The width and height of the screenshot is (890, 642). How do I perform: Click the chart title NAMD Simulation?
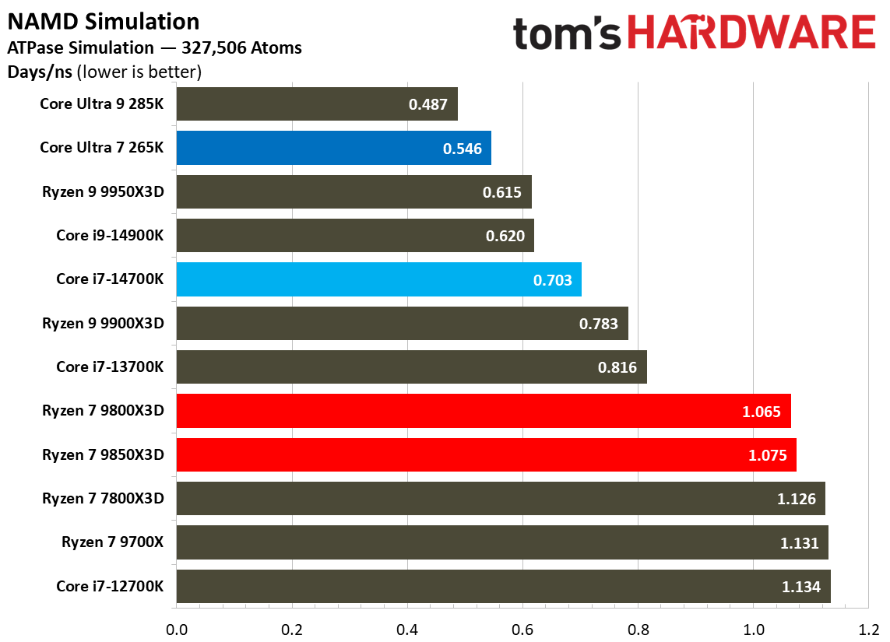(x=104, y=21)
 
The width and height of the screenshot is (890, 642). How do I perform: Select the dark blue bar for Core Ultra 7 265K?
(x=333, y=148)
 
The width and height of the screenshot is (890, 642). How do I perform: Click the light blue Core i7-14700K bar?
(x=378, y=279)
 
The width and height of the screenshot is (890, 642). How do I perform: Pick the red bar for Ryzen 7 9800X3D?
(x=483, y=411)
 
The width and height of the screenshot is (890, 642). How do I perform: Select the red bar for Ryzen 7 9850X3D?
(x=486, y=454)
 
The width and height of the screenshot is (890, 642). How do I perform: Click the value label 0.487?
(x=428, y=104)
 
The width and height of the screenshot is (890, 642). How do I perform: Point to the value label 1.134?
(x=800, y=587)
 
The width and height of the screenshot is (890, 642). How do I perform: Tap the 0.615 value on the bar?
(x=501, y=192)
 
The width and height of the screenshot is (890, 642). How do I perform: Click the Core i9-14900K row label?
(x=110, y=235)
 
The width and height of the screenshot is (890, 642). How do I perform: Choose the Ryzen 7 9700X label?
(x=113, y=542)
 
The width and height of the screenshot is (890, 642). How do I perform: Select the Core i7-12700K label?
(x=110, y=586)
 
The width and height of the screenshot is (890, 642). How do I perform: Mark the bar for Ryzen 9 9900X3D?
(x=402, y=323)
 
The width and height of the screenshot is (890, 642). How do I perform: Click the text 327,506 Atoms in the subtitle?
(x=241, y=48)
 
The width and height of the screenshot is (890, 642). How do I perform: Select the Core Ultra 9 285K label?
(x=102, y=103)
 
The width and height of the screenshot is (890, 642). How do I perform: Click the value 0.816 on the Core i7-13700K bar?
(x=617, y=367)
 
